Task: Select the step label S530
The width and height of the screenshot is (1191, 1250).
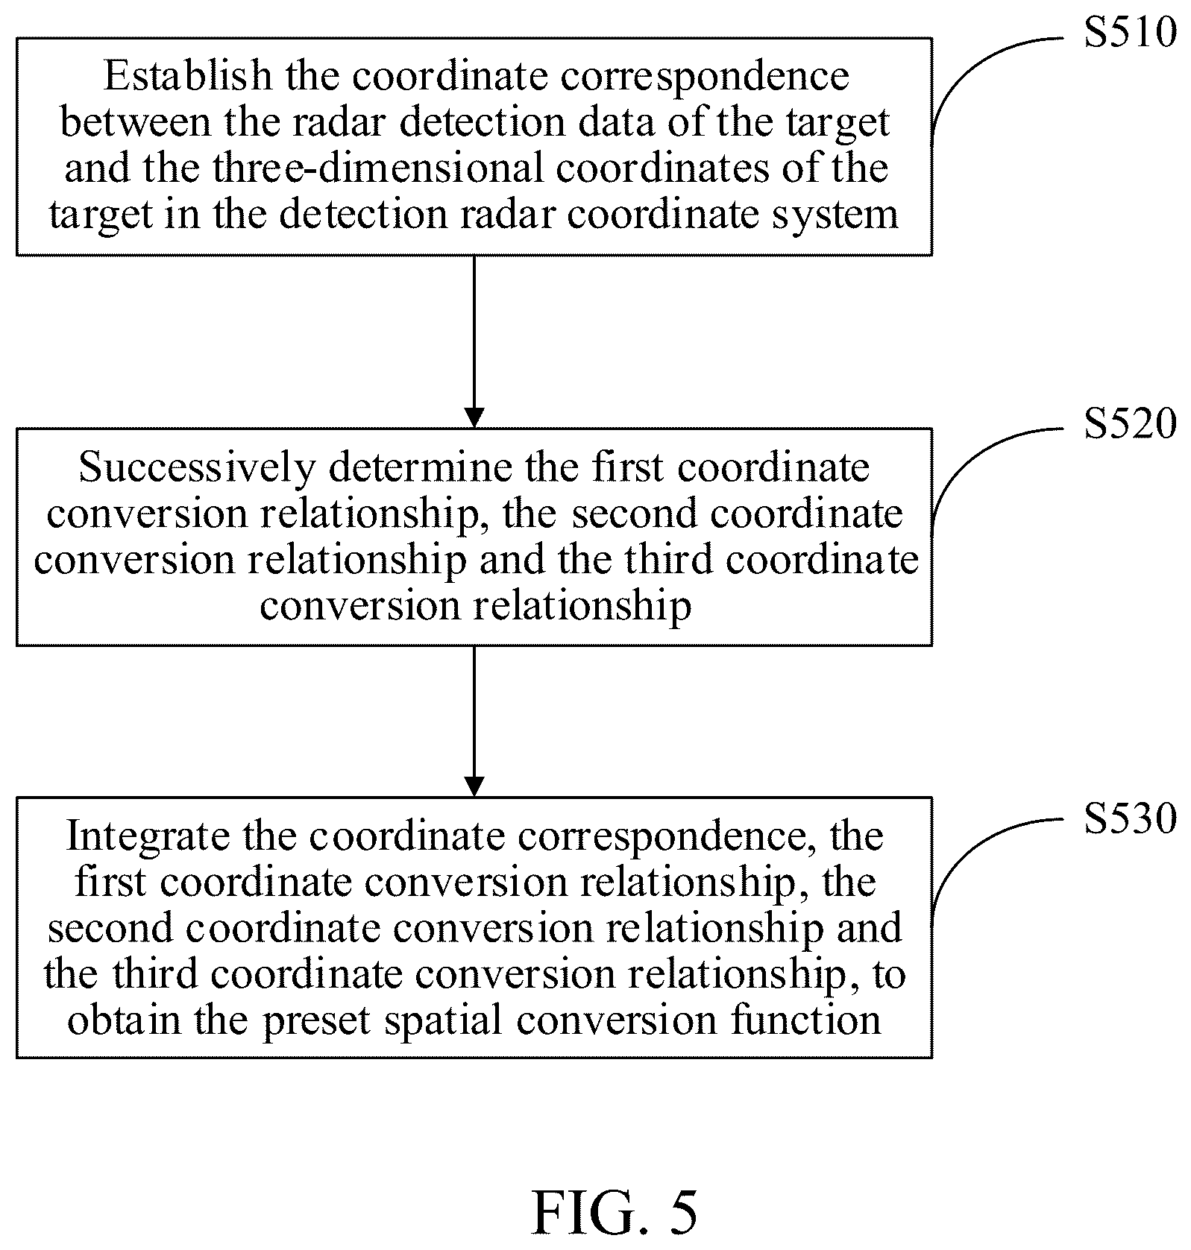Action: pos(1130,818)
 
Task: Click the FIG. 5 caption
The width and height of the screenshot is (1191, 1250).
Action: pos(615,1213)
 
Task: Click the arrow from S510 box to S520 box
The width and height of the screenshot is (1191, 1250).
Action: pos(474,342)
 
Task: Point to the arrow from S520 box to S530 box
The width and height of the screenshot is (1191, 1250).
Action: pos(474,722)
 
